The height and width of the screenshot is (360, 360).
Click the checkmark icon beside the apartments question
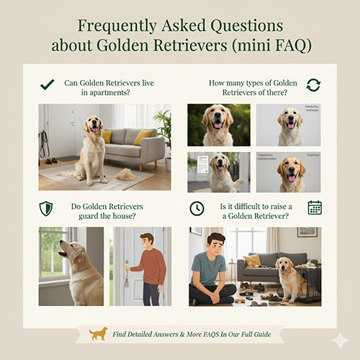(x=48, y=84)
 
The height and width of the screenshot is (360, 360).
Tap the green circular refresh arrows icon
(x=312, y=85)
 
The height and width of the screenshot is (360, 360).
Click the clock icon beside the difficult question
(x=197, y=208)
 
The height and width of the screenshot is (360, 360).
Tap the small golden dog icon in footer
(x=99, y=333)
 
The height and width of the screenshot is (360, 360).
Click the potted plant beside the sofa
(x=163, y=130)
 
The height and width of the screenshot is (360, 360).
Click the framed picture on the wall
(x=307, y=232)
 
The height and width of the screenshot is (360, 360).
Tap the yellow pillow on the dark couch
(x=252, y=260)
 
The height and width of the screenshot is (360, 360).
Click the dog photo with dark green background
(x=218, y=125)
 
